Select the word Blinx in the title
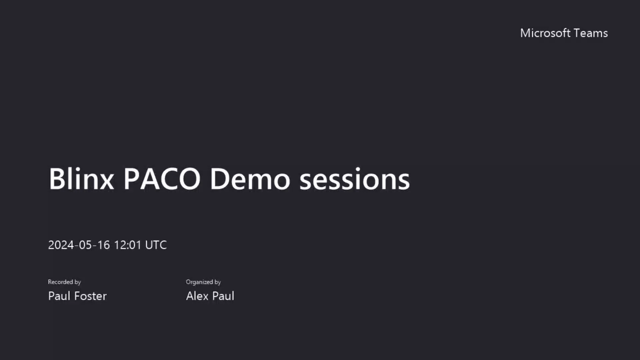point(81,179)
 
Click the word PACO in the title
point(162,179)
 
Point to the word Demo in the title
point(250,179)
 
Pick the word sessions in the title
point(354,180)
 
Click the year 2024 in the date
point(61,245)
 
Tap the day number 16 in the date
point(103,245)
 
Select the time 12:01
point(128,245)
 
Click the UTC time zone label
point(156,245)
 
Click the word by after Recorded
point(78,282)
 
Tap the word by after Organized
point(218,282)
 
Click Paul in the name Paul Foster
point(59,296)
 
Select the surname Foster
point(90,296)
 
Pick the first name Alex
point(197,296)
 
